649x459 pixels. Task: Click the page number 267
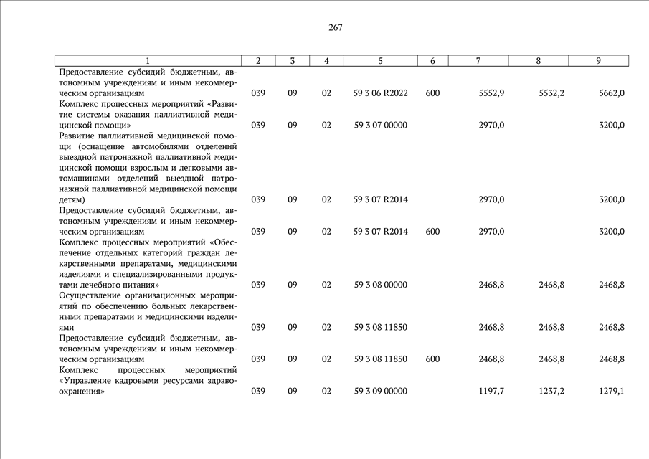(x=336, y=28)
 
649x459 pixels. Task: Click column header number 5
(x=380, y=61)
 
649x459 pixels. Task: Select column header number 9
(x=598, y=61)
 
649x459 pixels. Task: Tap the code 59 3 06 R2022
(x=381, y=93)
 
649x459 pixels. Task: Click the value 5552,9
(x=491, y=93)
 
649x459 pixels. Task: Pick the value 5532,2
(x=551, y=93)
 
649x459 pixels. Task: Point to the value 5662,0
(x=612, y=93)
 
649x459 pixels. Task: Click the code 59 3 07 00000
(x=381, y=125)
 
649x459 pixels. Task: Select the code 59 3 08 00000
(x=381, y=285)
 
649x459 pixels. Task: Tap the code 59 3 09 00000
(x=381, y=391)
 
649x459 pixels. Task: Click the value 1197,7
(x=491, y=391)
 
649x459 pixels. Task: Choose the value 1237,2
(x=551, y=391)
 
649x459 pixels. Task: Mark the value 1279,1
(x=612, y=391)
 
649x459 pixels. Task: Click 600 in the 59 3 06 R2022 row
(x=432, y=93)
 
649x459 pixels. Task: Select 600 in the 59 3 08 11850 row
(x=432, y=359)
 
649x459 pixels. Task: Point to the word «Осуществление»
(x=92, y=295)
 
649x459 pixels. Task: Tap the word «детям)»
(x=72, y=199)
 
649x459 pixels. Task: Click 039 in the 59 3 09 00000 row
(x=258, y=391)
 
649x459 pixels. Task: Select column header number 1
(x=148, y=61)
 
